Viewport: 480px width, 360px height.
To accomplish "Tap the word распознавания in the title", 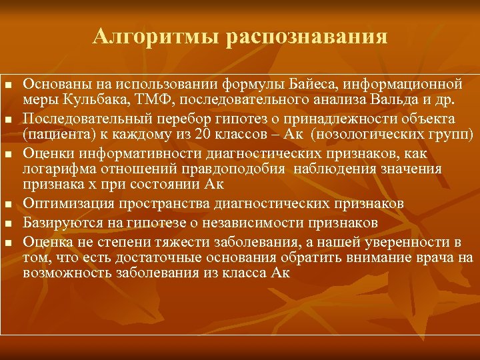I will click(307, 36).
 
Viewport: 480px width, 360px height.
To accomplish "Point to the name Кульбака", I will click(85, 101).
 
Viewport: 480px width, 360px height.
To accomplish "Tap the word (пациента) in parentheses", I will click(54, 135).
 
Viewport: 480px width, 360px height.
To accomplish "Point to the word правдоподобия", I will click(235, 169).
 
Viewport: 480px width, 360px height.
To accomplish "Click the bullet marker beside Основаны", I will click(8, 85).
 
